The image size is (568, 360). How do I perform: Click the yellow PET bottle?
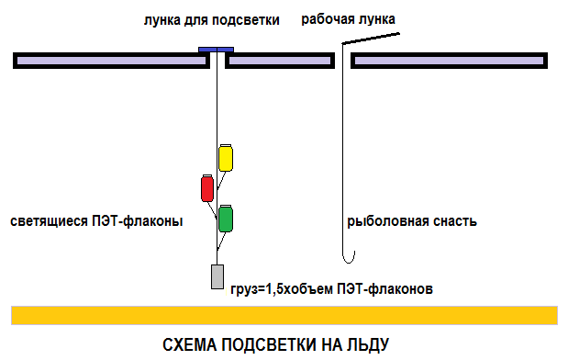coord(226,158)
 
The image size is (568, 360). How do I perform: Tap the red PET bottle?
coord(207,188)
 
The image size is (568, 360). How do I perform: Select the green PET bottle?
coord(226,219)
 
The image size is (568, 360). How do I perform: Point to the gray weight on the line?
coord(217,277)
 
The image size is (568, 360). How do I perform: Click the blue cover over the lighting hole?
coord(216,50)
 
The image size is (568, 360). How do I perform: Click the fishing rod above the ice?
coord(371,39)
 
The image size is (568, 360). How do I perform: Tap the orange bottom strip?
coord(284,315)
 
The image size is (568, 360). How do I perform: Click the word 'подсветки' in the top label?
coord(245,20)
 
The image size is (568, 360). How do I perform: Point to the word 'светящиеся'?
coord(50,221)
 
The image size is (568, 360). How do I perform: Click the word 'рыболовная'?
coord(383,221)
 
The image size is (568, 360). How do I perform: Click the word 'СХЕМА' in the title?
coord(189,344)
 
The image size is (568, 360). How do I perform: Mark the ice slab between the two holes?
coord(280,61)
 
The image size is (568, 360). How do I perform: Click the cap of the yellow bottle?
coord(226,145)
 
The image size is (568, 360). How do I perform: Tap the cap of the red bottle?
coord(207,175)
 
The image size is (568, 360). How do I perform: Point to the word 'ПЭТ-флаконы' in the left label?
coord(138,221)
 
